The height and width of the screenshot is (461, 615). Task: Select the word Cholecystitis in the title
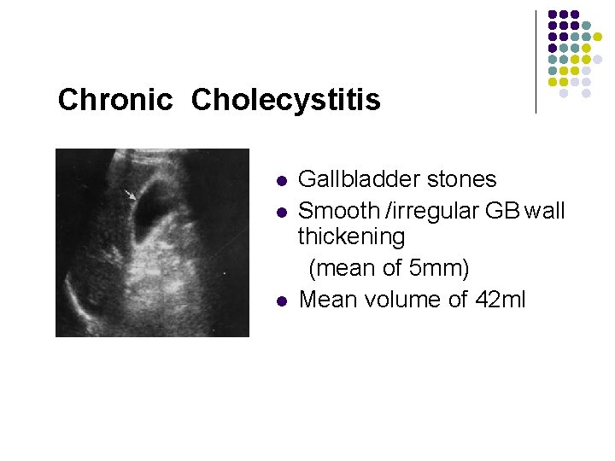[x=286, y=101]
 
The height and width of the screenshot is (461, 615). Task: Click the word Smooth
[x=337, y=210]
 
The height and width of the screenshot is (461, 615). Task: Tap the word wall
[x=544, y=210]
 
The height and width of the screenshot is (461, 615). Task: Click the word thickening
[x=351, y=236]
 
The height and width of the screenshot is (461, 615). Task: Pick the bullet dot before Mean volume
[x=281, y=301]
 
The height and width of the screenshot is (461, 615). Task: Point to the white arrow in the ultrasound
[x=130, y=195]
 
